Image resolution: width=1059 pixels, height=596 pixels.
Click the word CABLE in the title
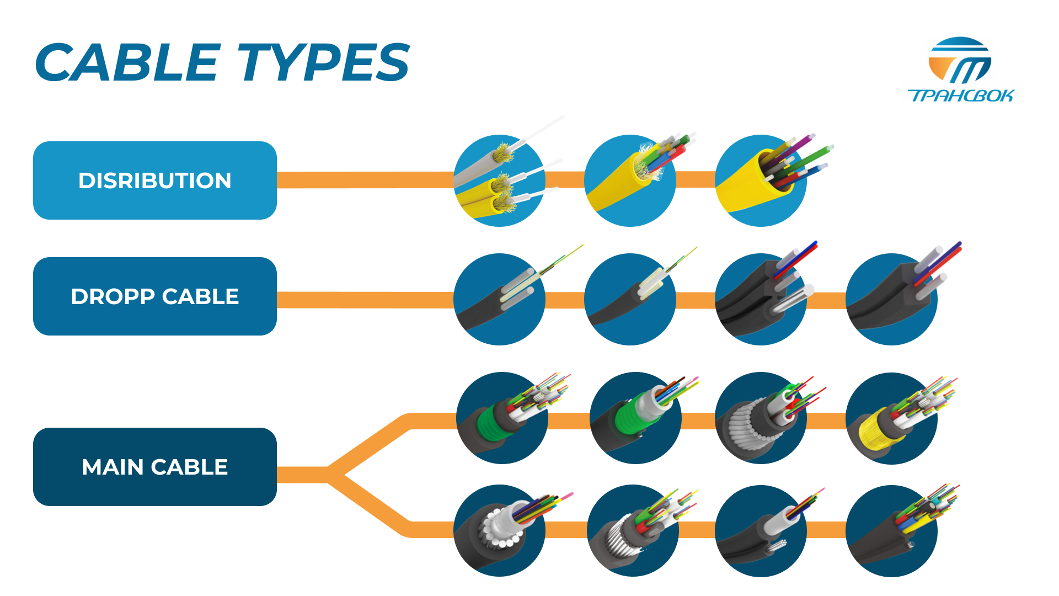(128, 62)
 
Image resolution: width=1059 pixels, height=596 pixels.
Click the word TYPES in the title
(324, 62)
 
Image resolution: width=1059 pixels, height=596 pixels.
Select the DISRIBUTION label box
(155, 180)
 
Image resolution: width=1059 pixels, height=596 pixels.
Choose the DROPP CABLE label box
(155, 296)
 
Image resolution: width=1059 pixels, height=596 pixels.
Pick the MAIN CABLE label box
(155, 467)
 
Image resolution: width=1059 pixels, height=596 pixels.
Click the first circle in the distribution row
(499, 180)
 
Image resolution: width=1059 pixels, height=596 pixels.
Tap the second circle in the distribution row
(630, 180)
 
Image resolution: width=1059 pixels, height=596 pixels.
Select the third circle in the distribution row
(761, 180)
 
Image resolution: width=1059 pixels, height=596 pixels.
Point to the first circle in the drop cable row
(499, 299)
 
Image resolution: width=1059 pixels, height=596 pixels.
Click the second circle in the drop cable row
(630, 299)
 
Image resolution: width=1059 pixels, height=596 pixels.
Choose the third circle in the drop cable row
(761, 299)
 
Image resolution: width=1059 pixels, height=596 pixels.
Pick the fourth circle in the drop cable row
(891, 299)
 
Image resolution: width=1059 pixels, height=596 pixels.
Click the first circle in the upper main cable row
(502, 418)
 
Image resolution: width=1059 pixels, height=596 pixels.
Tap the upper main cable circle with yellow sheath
(891, 418)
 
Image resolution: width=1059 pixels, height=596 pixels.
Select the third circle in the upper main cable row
(761, 418)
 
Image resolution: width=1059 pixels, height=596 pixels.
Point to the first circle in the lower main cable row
(499, 530)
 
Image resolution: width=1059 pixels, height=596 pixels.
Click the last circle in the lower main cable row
(891, 531)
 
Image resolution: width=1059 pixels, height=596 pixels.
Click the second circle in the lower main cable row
(633, 530)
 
